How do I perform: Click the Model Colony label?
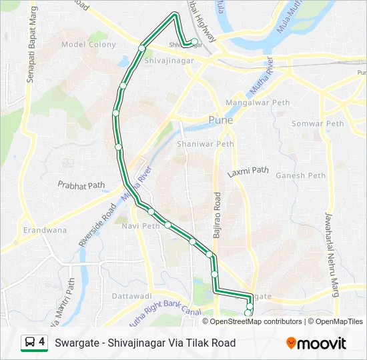tap(88, 45)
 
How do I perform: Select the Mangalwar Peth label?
tap(257, 103)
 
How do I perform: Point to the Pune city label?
tap(220, 121)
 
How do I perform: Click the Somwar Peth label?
tap(318, 123)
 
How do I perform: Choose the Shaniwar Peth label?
tap(206, 143)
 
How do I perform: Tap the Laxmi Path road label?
tap(248, 172)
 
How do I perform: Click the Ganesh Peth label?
tap(300, 176)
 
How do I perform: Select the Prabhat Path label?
tap(81, 185)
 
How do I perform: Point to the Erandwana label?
tap(45, 230)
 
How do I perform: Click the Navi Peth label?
tap(141, 226)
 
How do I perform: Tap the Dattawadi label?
tap(132, 295)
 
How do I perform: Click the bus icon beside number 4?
tap(30, 343)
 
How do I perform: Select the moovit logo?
tap(316, 343)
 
